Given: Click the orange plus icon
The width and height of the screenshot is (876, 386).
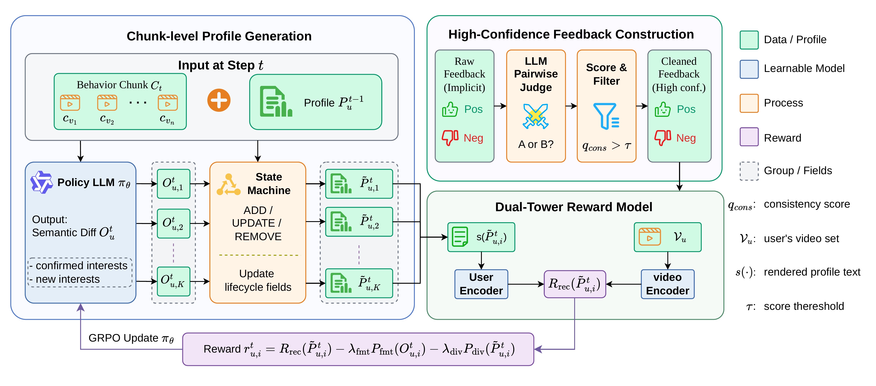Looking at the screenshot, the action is (x=219, y=100).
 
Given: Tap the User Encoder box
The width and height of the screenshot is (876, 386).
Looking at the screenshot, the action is (x=481, y=284).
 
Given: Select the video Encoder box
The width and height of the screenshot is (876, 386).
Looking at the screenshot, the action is (x=668, y=284).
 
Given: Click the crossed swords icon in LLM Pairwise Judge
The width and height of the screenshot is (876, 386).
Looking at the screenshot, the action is (x=536, y=116).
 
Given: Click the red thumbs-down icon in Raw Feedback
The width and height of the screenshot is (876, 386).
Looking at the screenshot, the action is (x=450, y=138).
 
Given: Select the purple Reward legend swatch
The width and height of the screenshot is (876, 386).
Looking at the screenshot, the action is (x=749, y=137).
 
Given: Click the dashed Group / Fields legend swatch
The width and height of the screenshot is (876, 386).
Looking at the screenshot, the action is (x=749, y=171).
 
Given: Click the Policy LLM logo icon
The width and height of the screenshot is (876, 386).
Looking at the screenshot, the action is (x=42, y=182).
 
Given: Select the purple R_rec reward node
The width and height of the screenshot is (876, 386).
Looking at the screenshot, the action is (x=575, y=284).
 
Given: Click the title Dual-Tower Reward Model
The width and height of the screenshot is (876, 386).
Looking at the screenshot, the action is (x=574, y=207).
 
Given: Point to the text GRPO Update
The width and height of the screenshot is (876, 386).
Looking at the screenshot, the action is (x=123, y=338).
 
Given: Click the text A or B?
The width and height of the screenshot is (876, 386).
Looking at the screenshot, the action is (x=536, y=144).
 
